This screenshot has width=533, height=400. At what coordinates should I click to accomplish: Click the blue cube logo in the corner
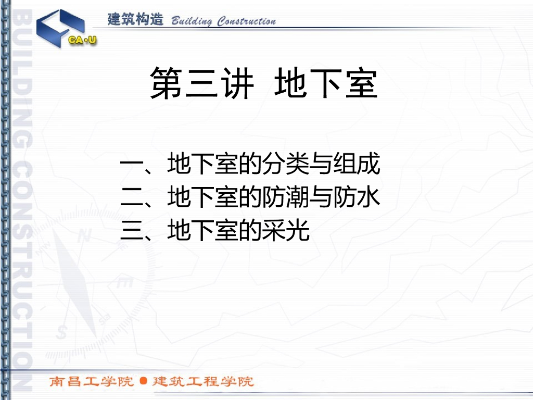pos(60,29)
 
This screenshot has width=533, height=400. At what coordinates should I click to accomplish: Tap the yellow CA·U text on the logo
pos(82,40)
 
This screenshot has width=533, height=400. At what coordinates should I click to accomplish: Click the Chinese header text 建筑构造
pos(135,19)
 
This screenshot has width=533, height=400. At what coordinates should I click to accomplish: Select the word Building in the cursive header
pos(192,21)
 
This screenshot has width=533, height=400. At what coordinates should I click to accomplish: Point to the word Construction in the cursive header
pos(246,21)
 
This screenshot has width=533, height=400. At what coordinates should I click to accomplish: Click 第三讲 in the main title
pos(202,83)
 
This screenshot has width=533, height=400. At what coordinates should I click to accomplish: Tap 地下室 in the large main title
pos(326,83)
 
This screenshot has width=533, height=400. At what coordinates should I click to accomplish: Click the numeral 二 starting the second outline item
pos(132,197)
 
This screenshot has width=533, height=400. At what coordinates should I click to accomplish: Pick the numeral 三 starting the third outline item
pos(132,231)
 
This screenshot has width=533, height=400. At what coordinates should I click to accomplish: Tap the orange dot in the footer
pos(144,381)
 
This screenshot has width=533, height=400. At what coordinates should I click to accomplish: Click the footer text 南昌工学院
pos(92,381)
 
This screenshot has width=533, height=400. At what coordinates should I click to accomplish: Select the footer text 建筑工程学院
pos(203,381)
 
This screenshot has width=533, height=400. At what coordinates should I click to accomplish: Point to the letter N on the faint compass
pos(84,235)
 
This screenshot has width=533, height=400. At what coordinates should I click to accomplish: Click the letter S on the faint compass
pos(61,332)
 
